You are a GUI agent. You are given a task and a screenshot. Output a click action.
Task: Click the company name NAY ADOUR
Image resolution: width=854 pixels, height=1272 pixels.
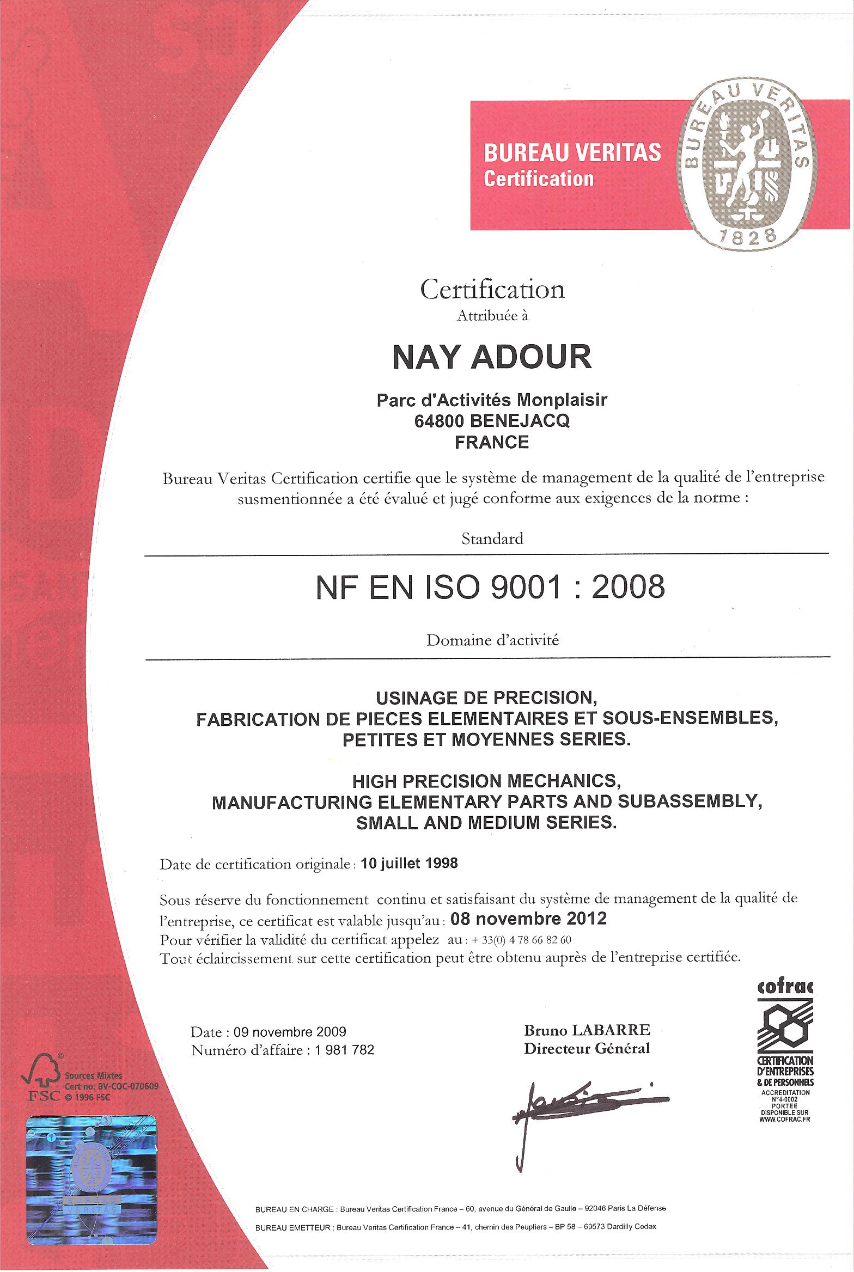pyautogui.click(x=492, y=357)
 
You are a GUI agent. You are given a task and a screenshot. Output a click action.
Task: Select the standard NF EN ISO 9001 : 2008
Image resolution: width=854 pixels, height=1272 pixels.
pyautogui.click(x=490, y=588)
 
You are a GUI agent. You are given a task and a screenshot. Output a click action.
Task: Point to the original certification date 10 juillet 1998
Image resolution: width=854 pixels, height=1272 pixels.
pyautogui.click(x=409, y=864)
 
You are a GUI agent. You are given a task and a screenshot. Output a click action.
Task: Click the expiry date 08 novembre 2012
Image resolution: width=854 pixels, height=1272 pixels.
pyautogui.click(x=529, y=919)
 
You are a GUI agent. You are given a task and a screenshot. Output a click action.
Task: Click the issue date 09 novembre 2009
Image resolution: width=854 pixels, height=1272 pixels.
pyautogui.click(x=290, y=1032)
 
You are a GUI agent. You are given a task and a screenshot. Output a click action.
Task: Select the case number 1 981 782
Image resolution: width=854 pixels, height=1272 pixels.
pyautogui.click(x=344, y=1050)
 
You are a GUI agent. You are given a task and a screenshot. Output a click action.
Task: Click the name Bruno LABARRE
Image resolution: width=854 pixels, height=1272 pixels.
pyautogui.click(x=587, y=1030)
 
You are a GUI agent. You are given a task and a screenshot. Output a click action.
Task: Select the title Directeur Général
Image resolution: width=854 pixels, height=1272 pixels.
pyautogui.click(x=587, y=1049)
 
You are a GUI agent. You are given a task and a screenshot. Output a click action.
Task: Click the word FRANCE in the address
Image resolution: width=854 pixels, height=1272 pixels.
pyautogui.click(x=492, y=442)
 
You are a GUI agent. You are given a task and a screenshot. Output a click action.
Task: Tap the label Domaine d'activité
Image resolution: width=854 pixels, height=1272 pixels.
pyautogui.click(x=492, y=640)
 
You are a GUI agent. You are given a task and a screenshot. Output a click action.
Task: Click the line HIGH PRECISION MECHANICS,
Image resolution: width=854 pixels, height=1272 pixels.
pyautogui.click(x=486, y=781)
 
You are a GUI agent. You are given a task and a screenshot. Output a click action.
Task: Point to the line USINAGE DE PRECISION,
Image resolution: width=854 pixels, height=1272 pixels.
pyautogui.click(x=486, y=698)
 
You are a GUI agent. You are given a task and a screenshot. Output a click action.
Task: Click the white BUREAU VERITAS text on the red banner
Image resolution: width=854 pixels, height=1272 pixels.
pyautogui.click(x=572, y=153)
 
